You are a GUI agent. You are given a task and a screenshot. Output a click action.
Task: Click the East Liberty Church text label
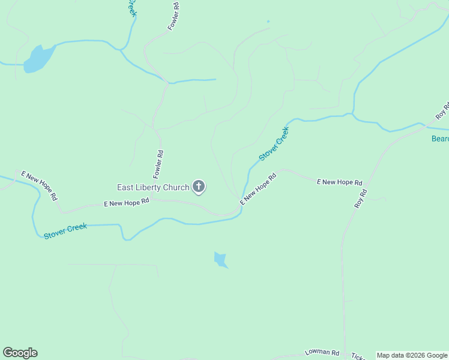(x=153, y=188)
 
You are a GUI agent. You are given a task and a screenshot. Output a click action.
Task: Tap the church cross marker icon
(x=199, y=187)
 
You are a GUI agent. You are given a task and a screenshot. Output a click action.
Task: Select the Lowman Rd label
(x=322, y=353)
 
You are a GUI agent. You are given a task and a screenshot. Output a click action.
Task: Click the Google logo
(x=20, y=353)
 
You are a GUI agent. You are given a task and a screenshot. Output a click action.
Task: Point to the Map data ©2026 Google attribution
(x=412, y=355)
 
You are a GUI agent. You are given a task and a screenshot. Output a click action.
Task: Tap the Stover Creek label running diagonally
(x=274, y=143)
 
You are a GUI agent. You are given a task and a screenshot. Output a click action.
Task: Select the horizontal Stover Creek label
(x=65, y=230)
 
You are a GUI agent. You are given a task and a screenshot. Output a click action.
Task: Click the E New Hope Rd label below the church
(x=126, y=203)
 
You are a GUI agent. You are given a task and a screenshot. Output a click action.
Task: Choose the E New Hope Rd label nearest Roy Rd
(x=340, y=182)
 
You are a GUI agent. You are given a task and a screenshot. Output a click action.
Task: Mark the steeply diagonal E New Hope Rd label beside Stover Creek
(x=258, y=189)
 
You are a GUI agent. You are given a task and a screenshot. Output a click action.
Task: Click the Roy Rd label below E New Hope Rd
(x=360, y=199)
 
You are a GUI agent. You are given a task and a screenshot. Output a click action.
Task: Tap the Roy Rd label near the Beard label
(x=442, y=110)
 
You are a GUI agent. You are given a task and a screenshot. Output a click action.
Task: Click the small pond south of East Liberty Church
(x=220, y=260)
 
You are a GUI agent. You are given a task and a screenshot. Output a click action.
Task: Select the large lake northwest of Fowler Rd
(x=39, y=58)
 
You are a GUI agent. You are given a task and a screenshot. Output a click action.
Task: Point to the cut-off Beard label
(x=440, y=139)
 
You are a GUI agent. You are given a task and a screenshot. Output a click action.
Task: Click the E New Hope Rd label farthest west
(x=39, y=185)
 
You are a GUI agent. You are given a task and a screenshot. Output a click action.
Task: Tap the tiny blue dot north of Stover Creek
(x=268, y=22)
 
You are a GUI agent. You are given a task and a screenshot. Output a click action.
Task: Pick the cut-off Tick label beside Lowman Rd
(x=357, y=356)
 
